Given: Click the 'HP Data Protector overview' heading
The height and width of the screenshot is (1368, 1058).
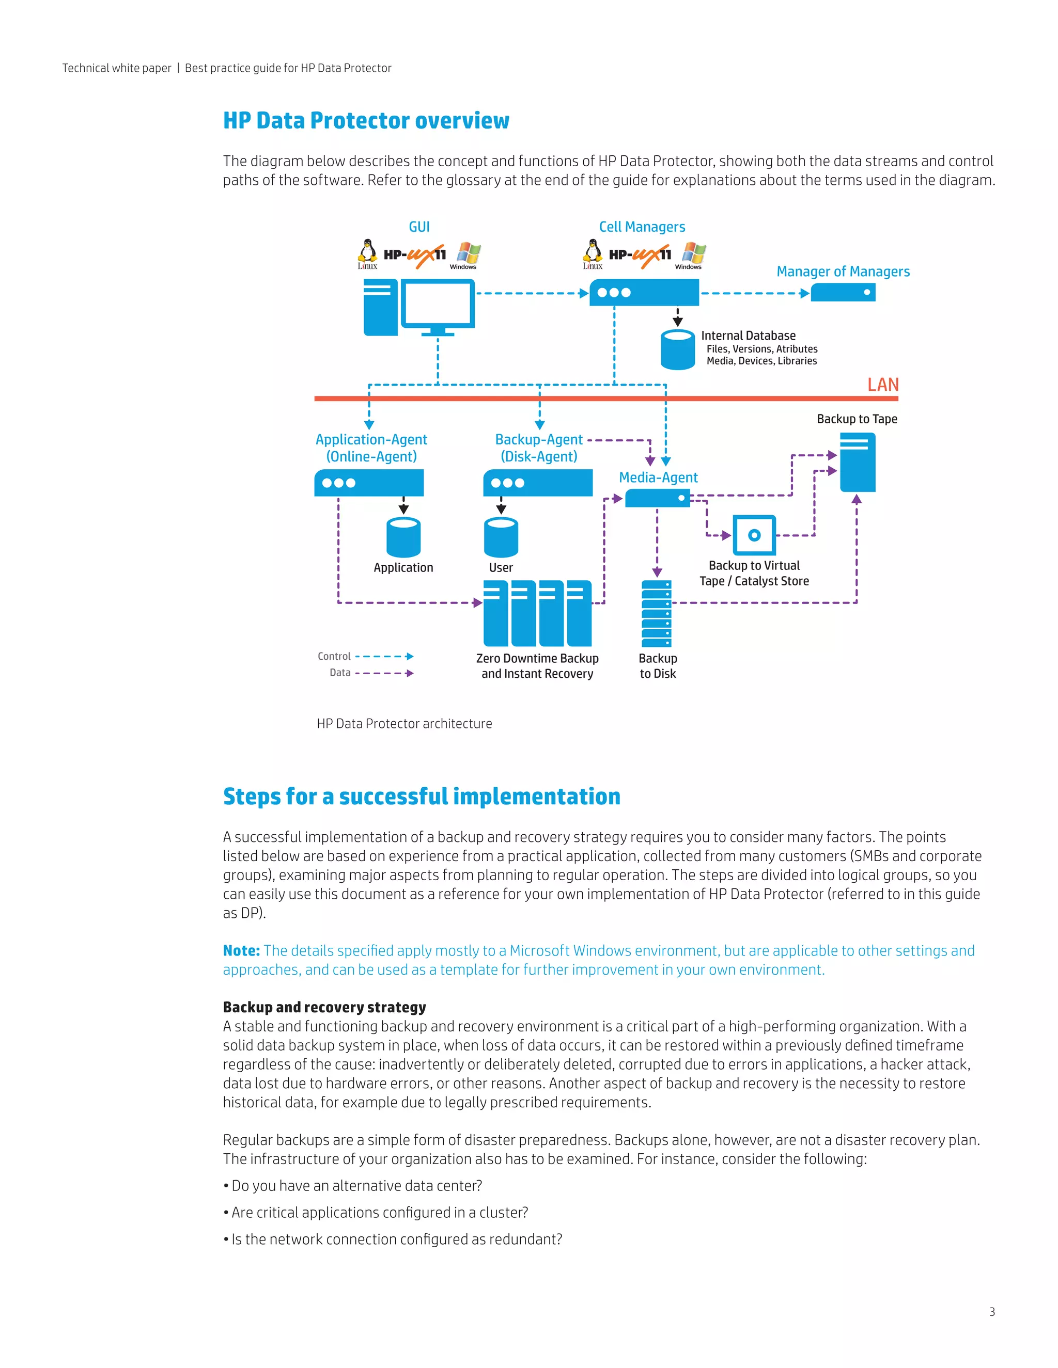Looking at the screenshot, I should pos(366,120).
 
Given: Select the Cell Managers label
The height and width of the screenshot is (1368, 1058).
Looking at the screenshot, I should pos(642,227).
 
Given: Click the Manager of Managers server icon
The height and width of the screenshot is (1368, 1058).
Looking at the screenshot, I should pos(843,293).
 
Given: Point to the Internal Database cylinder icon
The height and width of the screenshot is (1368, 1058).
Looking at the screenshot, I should pos(678,349).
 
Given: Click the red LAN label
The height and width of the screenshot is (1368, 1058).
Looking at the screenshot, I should pos(882,385).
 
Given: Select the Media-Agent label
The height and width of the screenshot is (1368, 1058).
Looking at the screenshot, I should pos(658,478).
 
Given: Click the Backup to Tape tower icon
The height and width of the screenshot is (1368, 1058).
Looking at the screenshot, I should pos(857,462).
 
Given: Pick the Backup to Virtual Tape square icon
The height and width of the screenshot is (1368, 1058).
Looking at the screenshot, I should pos(754,535).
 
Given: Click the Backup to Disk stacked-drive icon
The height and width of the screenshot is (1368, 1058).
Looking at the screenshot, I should pos(656,614).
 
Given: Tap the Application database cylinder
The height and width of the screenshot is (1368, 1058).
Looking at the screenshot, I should pos(403,537).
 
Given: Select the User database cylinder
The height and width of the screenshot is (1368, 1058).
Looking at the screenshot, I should pos(501,537).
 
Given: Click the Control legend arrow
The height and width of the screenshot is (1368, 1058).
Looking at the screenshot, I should pos(384,657).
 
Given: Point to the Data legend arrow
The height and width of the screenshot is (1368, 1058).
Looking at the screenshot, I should pos(384,673).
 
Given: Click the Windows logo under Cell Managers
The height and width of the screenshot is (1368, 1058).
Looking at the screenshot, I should pos(693,253).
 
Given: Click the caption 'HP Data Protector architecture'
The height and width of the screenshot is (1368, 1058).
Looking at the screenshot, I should pos(404,723).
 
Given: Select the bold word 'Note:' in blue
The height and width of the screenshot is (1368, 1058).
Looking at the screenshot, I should pos(241,950).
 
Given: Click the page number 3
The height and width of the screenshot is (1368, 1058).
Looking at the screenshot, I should pos(991,1312).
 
